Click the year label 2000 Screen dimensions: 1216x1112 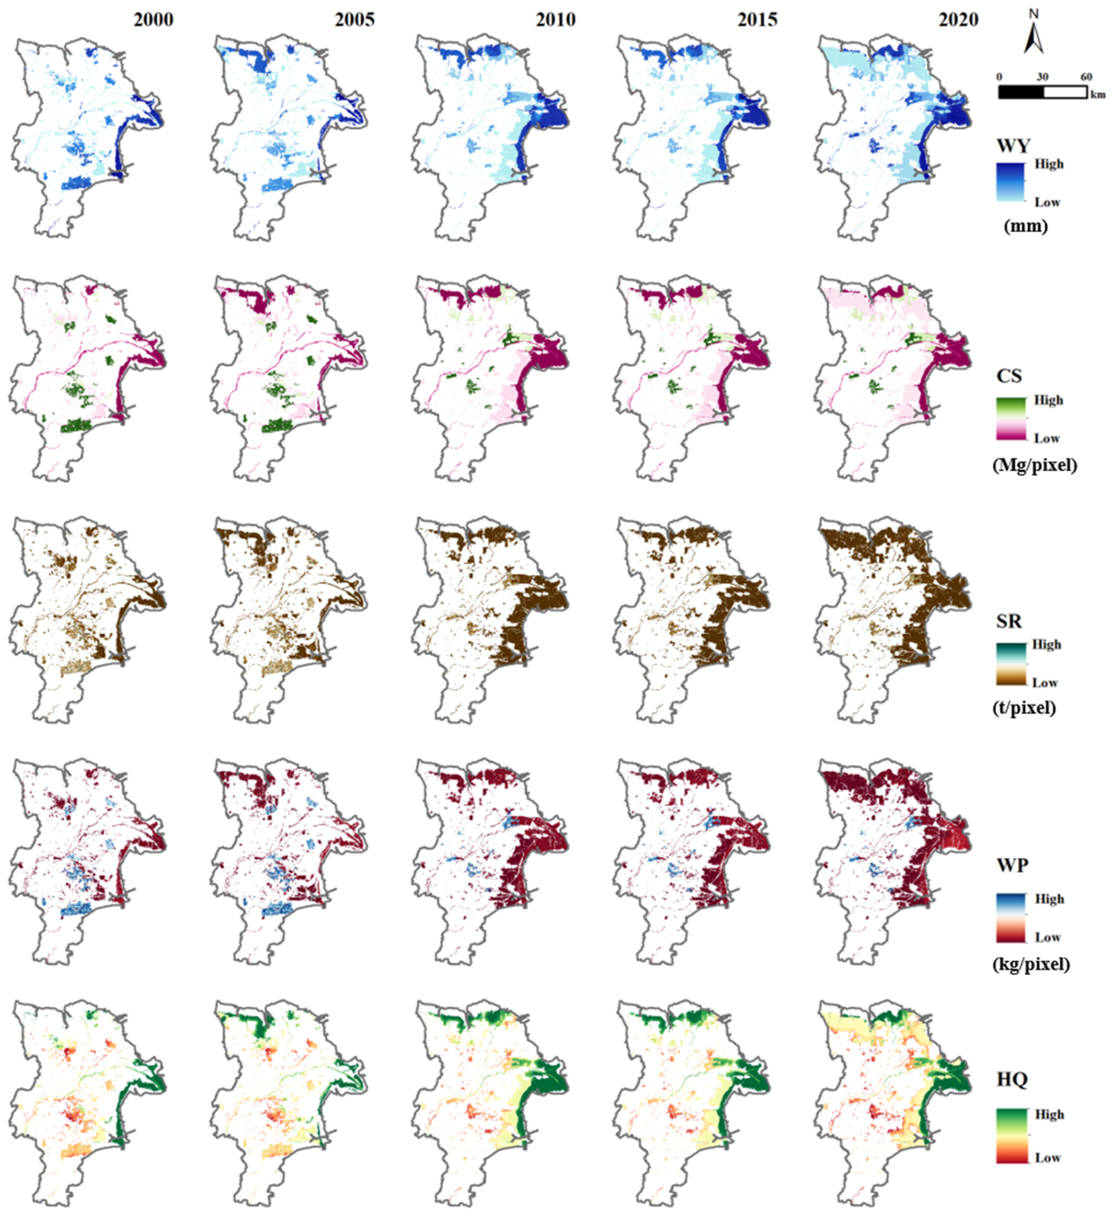[x=153, y=20]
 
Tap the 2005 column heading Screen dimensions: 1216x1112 [x=355, y=20]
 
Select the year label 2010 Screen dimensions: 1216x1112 [x=556, y=20]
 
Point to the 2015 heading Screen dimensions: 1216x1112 [x=757, y=20]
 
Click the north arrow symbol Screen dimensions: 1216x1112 [x=1034, y=33]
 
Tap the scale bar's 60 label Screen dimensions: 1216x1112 [x=1086, y=77]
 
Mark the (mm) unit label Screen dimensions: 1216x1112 [x=1026, y=226]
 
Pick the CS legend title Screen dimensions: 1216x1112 [x=1009, y=376]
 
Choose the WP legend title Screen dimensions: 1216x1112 [x=1012, y=865]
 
